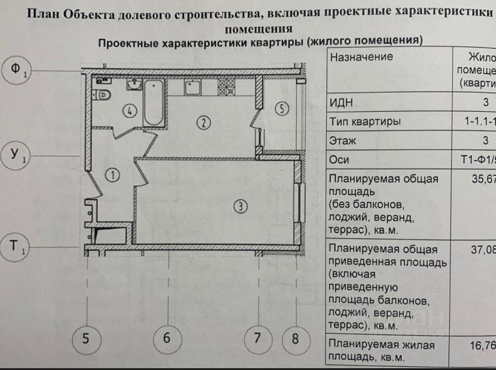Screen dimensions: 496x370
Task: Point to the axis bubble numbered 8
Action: click(295, 339)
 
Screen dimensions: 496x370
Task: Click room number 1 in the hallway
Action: click(113, 176)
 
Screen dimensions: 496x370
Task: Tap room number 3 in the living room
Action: click(240, 206)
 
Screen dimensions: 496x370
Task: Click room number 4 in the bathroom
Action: click(130, 111)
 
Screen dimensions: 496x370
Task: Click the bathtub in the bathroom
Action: click(154, 103)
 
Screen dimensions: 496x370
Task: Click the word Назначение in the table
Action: click(361, 57)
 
